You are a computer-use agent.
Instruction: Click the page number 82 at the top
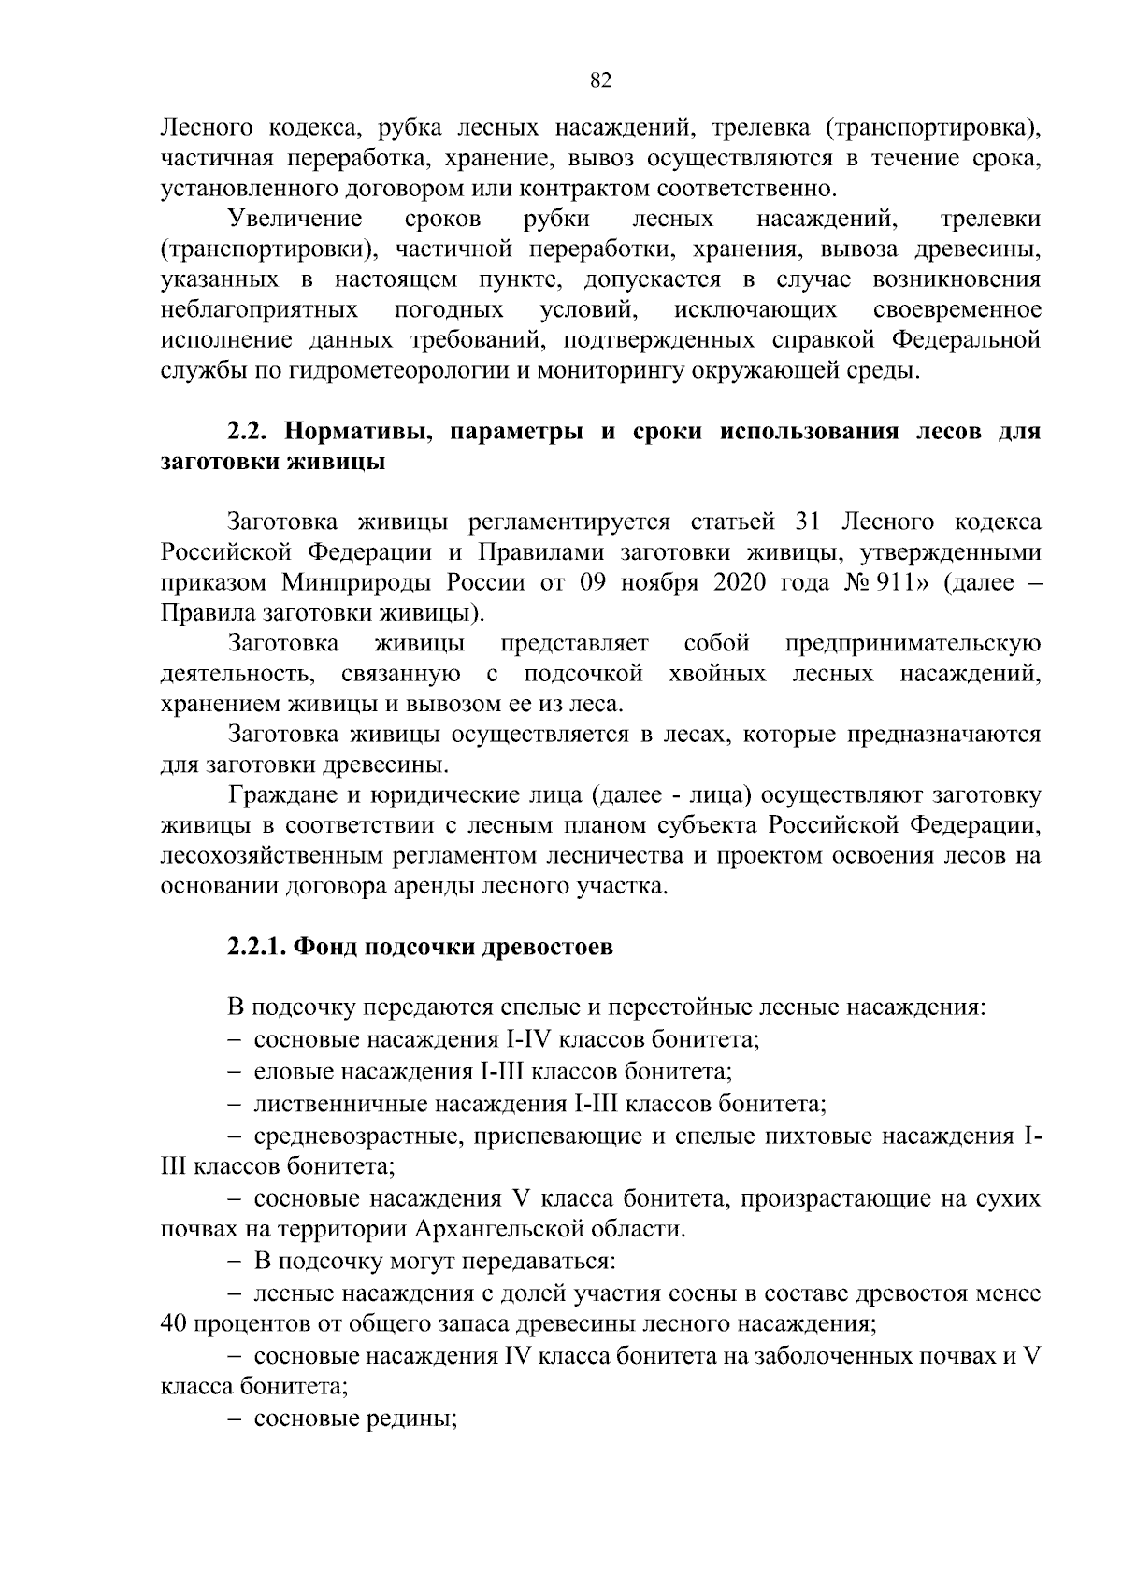click(601, 81)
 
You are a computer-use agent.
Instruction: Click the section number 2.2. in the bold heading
click(249, 432)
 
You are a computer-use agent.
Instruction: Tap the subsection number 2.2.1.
click(257, 947)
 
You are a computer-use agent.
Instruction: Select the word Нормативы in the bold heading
click(352, 432)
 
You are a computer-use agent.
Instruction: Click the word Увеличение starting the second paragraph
click(295, 219)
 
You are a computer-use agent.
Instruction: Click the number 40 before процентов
click(175, 1323)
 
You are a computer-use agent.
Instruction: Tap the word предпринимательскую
click(912, 644)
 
